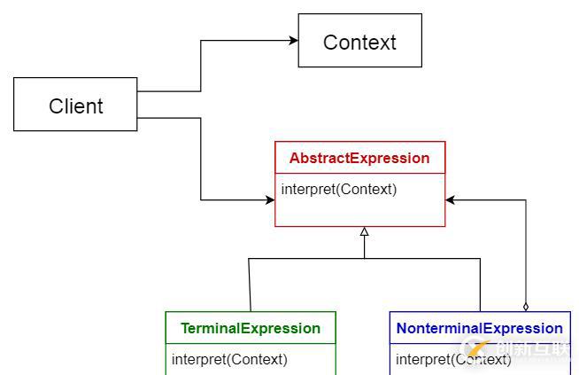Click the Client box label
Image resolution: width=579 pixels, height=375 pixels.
pyautogui.click(x=75, y=106)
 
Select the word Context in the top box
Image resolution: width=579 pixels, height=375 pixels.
pyautogui.click(x=359, y=42)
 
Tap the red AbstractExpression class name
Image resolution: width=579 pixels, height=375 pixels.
pyautogui.click(x=359, y=159)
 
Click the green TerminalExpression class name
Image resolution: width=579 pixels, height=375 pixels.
pyautogui.click(x=251, y=328)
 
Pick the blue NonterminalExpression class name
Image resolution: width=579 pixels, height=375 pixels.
pyautogui.click(x=479, y=328)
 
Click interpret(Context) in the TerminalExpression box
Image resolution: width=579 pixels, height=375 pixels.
pyautogui.click(x=229, y=359)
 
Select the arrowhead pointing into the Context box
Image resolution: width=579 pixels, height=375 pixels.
pyautogui.click(x=292, y=41)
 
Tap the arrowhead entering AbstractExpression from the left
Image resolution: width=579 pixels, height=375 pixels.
pyautogui.click(x=269, y=199)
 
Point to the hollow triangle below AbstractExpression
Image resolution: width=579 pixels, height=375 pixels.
pyautogui.click(x=364, y=231)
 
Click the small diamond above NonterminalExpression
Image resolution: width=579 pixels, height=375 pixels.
pyautogui.click(x=525, y=306)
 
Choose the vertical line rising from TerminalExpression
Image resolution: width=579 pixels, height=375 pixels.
pyautogui.click(x=250, y=284)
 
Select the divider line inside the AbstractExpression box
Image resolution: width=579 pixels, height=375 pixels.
pyautogui.click(x=359, y=174)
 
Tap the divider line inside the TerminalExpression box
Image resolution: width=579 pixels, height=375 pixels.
pyautogui.click(x=251, y=344)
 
